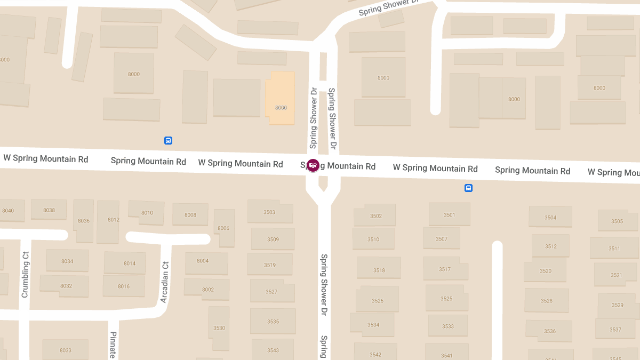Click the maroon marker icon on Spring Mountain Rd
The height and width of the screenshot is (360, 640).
tap(313, 165)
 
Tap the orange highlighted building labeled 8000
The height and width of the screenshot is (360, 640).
tap(281, 99)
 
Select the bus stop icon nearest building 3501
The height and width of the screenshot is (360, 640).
tap(468, 188)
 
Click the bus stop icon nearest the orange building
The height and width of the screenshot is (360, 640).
tap(168, 141)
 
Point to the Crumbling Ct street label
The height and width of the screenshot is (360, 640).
tap(25, 274)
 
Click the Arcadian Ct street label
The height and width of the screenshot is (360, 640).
tap(165, 282)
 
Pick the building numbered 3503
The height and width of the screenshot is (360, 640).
tap(269, 212)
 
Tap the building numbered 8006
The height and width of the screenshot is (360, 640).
tap(223, 228)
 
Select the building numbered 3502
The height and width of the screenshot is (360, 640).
tap(375, 215)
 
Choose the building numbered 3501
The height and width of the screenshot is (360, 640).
tap(449, 215)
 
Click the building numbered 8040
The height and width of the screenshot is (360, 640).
tap(8, 211)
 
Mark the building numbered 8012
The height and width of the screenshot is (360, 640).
tap(113, 220)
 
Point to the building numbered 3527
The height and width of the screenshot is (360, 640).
tap(271, 291)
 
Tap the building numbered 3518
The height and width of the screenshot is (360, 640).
tap(379, 270)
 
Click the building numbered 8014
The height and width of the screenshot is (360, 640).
tap(130, 263)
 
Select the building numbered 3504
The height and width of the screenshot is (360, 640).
tap(550, 217)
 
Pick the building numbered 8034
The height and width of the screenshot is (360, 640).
tap(67, 261)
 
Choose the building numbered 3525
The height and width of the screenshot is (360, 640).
tap(446, 298)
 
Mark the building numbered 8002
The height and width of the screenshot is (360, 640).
tap(207, 289)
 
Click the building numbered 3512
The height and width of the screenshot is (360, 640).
tap(551, 246)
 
